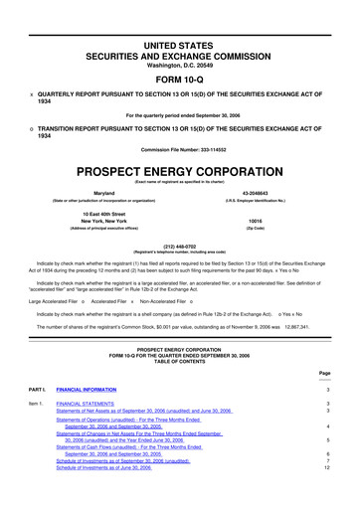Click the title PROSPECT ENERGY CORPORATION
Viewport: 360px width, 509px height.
point(180,171)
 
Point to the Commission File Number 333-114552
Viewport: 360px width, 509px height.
point(180,149)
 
